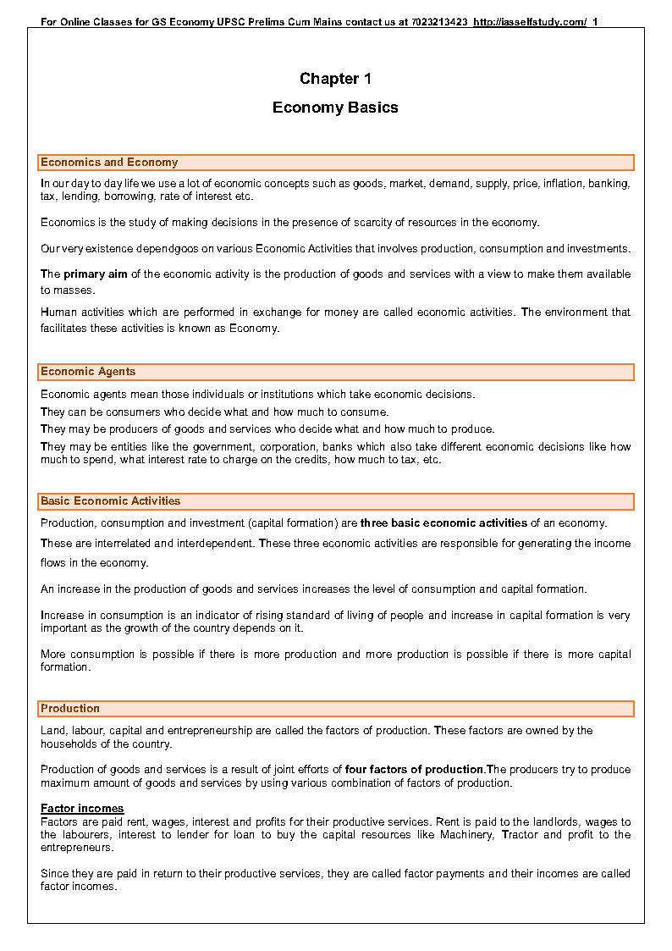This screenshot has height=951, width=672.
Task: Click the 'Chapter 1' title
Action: coord(335,79)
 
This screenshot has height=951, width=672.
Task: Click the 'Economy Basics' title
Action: coord(335,108)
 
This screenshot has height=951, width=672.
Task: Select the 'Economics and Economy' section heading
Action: coord(109,163)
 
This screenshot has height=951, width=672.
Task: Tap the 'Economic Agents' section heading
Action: coord(88,372)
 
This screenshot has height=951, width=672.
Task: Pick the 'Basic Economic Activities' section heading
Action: coord(111,501)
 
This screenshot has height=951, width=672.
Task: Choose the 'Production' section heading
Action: coord(70,709)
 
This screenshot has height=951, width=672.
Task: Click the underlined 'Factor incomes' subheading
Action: coord(82,809)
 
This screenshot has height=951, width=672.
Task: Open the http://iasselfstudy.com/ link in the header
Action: coord(530,21)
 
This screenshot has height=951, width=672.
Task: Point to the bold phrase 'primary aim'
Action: coord(96,274)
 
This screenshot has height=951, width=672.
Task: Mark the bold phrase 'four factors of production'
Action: coord(414,770)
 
